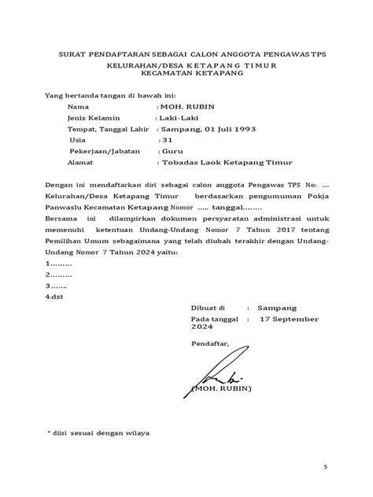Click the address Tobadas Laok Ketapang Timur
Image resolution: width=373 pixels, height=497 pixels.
coord(223,166)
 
